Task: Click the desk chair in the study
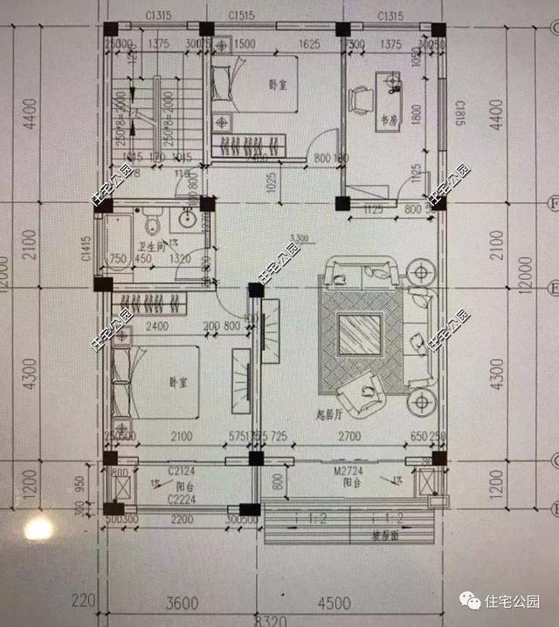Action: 358,101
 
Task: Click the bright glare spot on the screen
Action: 39,528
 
